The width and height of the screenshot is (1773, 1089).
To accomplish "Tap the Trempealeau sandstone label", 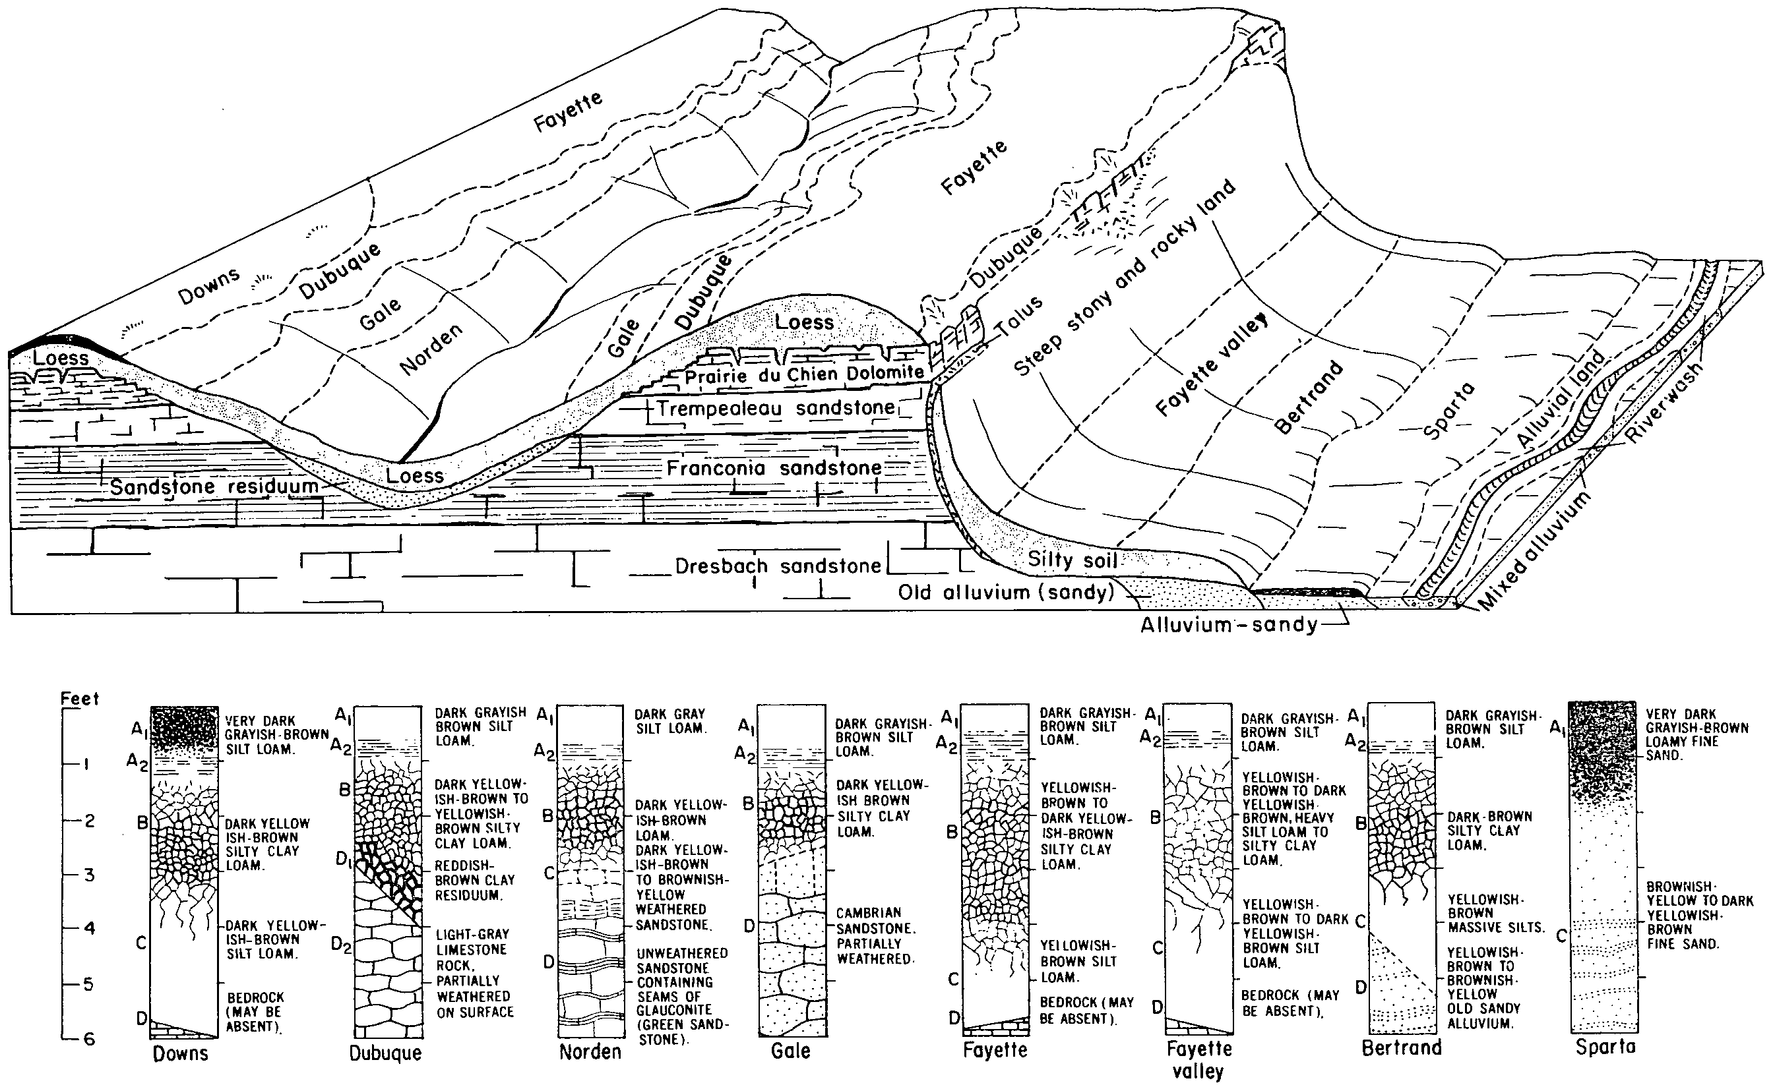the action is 775,409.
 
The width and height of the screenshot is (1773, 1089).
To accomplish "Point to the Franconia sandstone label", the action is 774,468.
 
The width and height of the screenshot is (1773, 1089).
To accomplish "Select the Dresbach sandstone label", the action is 778,566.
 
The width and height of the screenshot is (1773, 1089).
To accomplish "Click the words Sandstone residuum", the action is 214,486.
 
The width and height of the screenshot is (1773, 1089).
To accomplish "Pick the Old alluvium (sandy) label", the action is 1006,592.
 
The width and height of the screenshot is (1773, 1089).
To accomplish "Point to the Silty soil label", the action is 1072,560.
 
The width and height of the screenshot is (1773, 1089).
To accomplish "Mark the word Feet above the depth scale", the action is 79,699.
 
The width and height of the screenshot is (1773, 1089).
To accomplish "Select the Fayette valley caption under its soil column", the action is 1198,1059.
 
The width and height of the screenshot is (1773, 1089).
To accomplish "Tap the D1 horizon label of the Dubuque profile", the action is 344,859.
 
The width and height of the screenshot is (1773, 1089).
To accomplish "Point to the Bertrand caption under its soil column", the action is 1402,1047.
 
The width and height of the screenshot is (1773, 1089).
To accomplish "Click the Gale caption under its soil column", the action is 790,1051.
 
